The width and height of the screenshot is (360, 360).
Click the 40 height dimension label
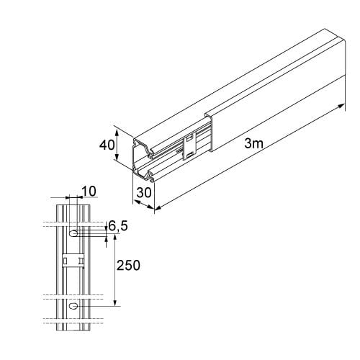(107, 145)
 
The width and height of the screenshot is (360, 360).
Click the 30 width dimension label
(144, 192)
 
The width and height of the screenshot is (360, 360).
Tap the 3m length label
(253, 143)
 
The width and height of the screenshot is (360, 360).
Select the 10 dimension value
(89, 192)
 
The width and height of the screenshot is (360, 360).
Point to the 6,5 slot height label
(118, 226)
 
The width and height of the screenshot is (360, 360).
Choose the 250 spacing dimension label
(128, 266)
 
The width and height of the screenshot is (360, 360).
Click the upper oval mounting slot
(73, 233)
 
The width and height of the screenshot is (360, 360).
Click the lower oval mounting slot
(73, 306)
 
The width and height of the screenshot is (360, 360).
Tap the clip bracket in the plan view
(73, 260)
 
